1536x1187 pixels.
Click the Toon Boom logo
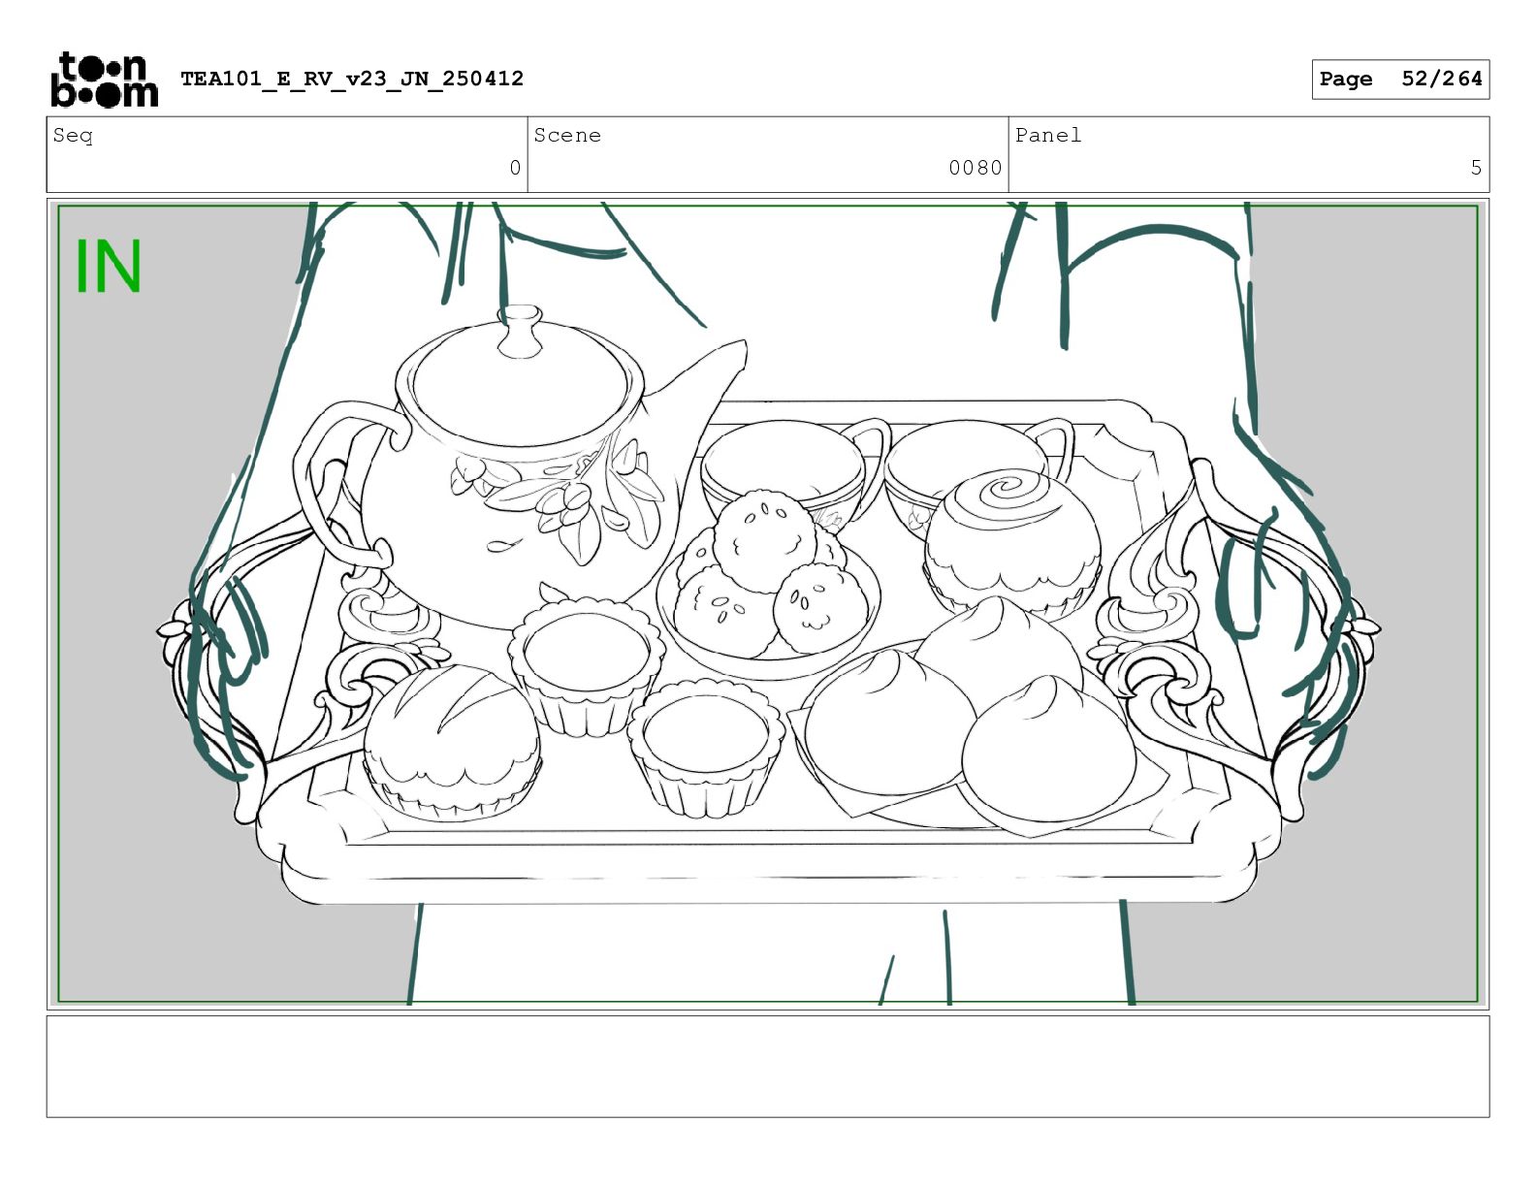point(105,80)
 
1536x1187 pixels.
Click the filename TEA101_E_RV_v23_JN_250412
point(352,79)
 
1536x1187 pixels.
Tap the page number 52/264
point(1441,79)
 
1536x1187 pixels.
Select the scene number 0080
point(975,168)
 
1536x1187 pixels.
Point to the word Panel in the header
point(1048,135)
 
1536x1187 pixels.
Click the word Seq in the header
point(73,135)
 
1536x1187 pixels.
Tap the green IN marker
point(109,266)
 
